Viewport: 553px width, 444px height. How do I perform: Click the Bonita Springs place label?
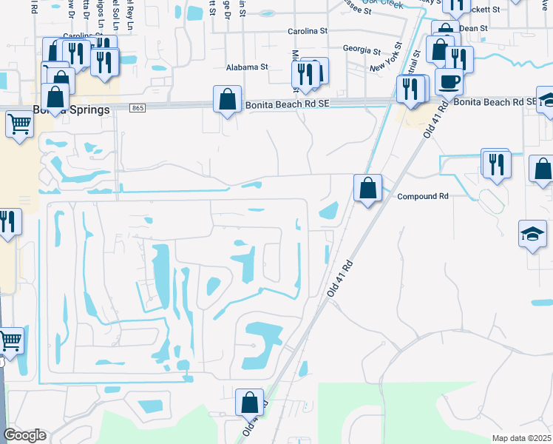[x=71, y=110]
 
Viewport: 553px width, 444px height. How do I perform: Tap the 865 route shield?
[x=140, y=108]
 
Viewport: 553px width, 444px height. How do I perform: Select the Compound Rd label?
[x=423, y=197]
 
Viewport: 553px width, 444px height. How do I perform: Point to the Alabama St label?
[x=246, y=67]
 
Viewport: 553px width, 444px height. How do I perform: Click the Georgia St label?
[x=362, y=50]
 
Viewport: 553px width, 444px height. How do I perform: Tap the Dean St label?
[x=473, y=28]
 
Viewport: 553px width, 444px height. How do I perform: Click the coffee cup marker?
[x=449, y=81]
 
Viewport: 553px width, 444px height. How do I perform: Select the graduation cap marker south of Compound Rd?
[x=532, y=235]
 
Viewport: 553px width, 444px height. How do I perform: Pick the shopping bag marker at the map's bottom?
[x=249, y=403]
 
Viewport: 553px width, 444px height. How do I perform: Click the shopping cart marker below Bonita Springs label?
[x=19, y=124]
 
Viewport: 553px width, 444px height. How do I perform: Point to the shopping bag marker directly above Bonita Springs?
[x=55, y=95]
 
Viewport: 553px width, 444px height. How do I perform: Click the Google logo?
[x=24, y=435]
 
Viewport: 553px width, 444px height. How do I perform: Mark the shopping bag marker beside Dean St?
[x=445, y=33]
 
